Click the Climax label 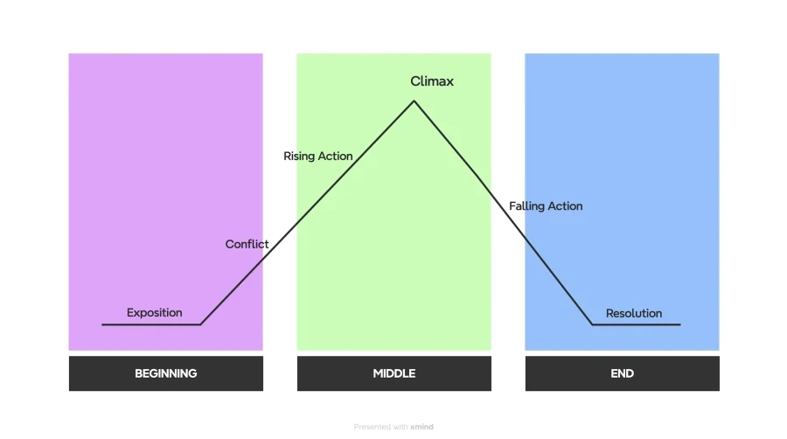(x=432, y=81)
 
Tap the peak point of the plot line (x=414, y=101)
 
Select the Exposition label (x=154, y=312)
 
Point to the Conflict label (x=247, y=244)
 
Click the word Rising (x=299, y=157)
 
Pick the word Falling (x=526, y=206)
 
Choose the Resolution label (x=634, y=314)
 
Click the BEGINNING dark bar (x=165, y=373)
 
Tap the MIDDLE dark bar (x=394, y=373)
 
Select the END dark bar (x=623, y=373)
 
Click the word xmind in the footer (x=421, y=427)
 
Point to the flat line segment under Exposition (x=151, y=324)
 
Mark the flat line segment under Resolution (x=637, y=324)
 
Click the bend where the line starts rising (x=201, y=324)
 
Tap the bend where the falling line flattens (x=592, y=324)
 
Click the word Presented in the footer (x=373, y=427)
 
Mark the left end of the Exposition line (x=102, y=324)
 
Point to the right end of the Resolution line (x=680, y=324)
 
